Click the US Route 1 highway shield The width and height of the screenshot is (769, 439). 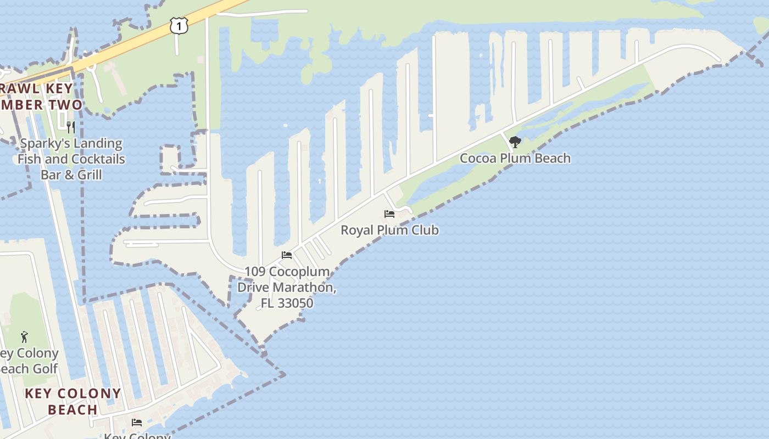pos(179,25)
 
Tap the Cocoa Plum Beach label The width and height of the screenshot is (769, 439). pos(515,158)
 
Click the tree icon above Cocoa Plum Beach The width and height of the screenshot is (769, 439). pos(515,142)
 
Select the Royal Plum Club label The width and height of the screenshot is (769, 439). pos(389,230)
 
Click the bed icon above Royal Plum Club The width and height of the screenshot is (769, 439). pos(389,213)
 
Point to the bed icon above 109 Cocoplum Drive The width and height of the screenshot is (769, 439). pos(287,255)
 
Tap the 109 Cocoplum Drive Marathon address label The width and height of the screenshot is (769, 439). pos(287,287)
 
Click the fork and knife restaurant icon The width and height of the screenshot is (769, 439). pos(70,127)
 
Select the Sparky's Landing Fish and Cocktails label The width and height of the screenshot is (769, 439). pos(71,159)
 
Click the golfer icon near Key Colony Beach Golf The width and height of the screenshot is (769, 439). pos(24,336)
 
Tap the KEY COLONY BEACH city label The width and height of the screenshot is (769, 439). pos(73,401)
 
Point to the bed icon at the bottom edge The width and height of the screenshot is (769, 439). pos(137,422)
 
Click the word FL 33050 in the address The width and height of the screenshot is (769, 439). pos(287,303)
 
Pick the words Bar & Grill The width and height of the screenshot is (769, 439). pos(71,175)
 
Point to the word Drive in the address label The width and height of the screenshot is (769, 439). pos(257,287)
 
